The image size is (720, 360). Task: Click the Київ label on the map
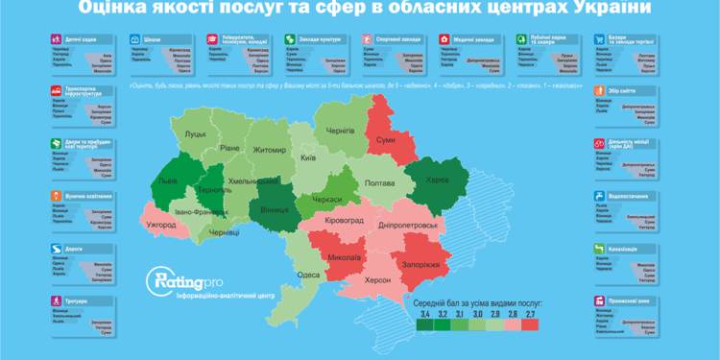(x=308, y=156)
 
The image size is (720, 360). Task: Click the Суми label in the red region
(x=385, y=140)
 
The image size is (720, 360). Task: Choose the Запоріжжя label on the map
(x=420, y=264)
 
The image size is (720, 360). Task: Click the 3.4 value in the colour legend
(x=423, y=313)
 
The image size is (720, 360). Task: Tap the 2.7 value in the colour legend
(x=531, y=313)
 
